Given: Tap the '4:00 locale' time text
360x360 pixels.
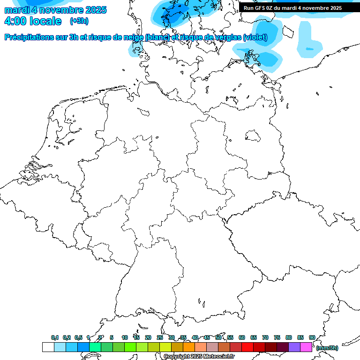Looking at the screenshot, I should tap(33, 21).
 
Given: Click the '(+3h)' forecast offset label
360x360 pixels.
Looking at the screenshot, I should tap(79, 21).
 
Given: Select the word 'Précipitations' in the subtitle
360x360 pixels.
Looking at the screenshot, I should tap(32, 37).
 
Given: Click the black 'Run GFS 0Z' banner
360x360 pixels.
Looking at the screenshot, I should tap(292, 7).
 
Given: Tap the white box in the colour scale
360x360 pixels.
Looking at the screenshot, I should tap(48, 347).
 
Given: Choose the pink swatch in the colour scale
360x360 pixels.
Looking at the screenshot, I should tap(306, 347).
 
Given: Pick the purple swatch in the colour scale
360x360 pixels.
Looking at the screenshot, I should tap(294, 347).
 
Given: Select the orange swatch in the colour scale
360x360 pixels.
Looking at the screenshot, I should tap(189, 347).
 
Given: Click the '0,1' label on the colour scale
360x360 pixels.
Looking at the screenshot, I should tap(55, 337).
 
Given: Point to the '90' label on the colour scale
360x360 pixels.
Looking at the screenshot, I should tap(312, 337).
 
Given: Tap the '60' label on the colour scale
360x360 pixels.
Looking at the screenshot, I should tap(242, 337).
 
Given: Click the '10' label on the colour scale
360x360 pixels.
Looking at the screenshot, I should tap(125, 337).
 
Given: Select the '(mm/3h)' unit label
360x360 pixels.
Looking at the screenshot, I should tap(328, 348).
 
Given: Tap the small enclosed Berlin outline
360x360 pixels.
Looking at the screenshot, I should tap(254, 136).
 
